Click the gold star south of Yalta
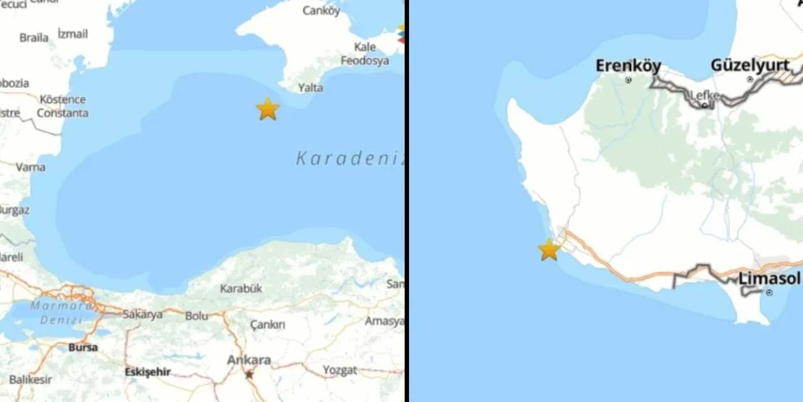click(268, 109)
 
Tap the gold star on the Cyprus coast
click(549, 250)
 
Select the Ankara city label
click(249, 360)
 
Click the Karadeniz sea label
click(349, 158)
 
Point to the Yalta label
click(310, 87)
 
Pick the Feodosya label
click(364, 60)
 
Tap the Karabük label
click(241, 288)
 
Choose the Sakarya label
click(142, 314)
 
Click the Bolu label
click(196, 315)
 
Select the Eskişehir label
click(147, 371)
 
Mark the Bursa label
click(83, 347)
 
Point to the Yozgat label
click(339, 370)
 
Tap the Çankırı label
click(267, 325)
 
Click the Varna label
click(30, 167)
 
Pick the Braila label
click(34, 38)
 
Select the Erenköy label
click(628, 65)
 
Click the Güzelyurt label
click(750, 65)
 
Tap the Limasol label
click(769, 278)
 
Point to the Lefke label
click(705, 95)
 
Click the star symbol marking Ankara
click(249, 374)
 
